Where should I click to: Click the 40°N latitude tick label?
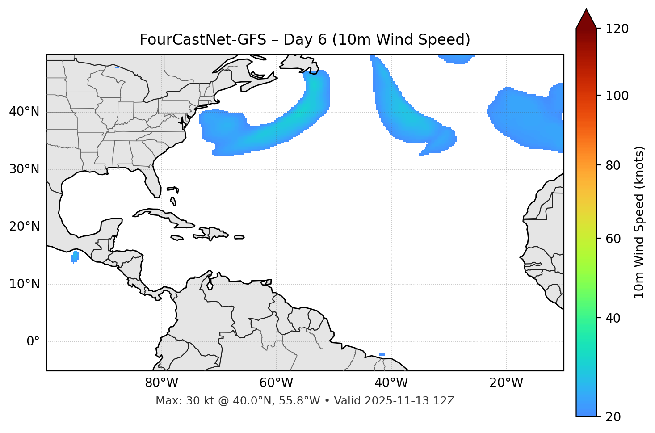click(24, 112)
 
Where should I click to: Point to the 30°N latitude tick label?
click(24, 169)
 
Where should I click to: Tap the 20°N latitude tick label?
click(24, 227)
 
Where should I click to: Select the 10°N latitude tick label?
click(24, 284)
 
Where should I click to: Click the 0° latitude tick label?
click(33, 342)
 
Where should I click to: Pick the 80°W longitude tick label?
click(161, 383)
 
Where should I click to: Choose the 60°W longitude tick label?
click(276, 383)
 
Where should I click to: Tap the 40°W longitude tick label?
click(391, 383)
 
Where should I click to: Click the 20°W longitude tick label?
click(506, 383)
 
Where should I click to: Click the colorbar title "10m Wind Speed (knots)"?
click(639, 222)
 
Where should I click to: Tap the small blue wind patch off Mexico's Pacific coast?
click(75, 256)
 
